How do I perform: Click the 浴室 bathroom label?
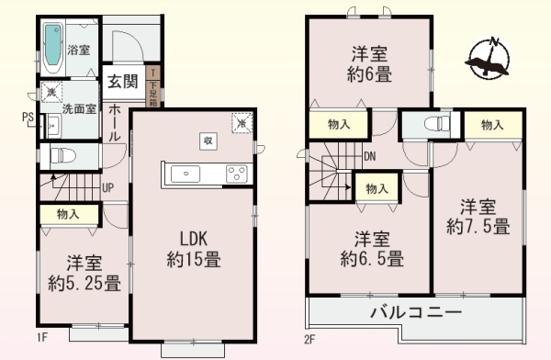[x=78, y=50]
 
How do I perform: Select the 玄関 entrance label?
[x=122, y=81]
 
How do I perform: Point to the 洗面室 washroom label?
[x=80, y=108]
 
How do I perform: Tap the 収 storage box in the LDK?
[x=208, y=141]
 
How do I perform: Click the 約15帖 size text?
[x=193, y=260]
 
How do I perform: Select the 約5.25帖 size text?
[x=84, y=284]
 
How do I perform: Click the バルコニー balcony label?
[x=415, y=313]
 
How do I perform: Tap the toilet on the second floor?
[x=432, y=125]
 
